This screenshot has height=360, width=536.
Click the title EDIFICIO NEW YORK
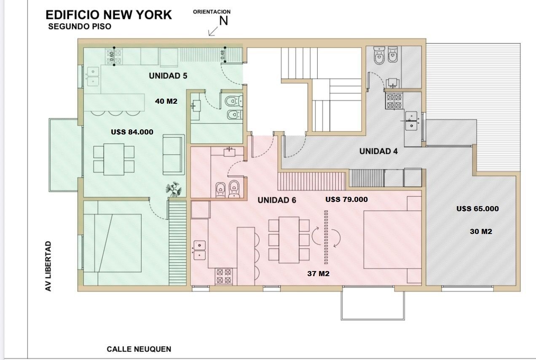coord(109,15)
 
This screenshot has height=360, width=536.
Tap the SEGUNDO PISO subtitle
coord(80,26)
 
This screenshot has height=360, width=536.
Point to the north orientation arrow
coord(213,31)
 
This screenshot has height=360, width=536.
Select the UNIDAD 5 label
coord(168,76)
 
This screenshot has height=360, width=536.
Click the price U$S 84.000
coord(132,132)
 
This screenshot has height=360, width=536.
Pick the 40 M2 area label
coord(166,101)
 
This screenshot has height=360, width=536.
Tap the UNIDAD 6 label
coord(277,200)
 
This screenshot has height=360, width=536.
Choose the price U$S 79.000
coord(346,199)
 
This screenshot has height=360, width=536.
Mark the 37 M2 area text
coord(318,273)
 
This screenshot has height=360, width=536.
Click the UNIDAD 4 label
coord(378,151)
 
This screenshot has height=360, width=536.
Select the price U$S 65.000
coord(477,209)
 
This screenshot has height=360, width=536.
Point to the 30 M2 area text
coord(481,231)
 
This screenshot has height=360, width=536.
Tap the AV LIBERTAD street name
coord(48,266)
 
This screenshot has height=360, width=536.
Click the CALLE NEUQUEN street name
coord(139,349)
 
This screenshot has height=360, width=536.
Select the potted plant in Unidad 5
coord(174,189)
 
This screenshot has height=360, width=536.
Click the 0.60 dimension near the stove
coord(112,56)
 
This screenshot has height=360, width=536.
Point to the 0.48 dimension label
coord(223,55)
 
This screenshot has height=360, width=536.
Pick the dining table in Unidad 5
coord(114,159)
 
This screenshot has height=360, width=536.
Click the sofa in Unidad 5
coord(174,155)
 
